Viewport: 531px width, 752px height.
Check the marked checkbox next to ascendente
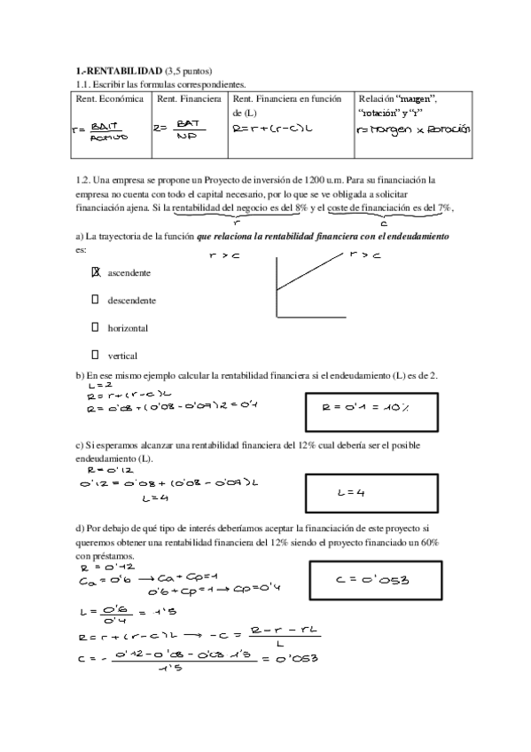point(97,272)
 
